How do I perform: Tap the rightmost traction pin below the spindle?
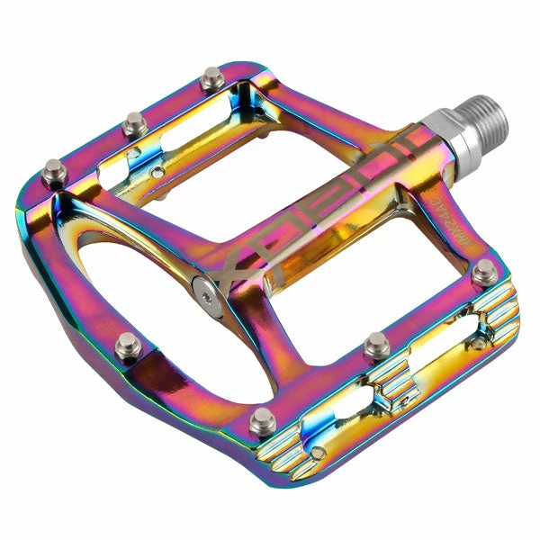(483, 268)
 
